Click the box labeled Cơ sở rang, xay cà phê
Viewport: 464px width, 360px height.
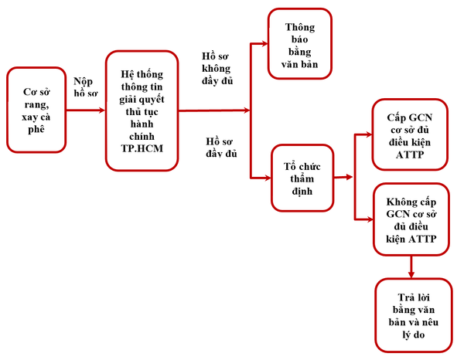click(36, 110)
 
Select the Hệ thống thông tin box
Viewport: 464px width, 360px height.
click(142, 110)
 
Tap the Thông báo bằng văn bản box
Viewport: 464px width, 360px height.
click(300, 44)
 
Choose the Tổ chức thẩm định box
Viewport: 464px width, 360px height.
click(302, 178)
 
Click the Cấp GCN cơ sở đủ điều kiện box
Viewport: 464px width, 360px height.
click(410, 134)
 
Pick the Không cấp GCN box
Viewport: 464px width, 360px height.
click(411, 219)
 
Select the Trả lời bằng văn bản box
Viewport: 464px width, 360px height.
click(414, 315)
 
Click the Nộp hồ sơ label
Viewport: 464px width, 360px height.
click(86, 87)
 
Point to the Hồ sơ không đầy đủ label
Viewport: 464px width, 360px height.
click(217, 69)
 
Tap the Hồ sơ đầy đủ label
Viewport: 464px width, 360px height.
click(221, 148)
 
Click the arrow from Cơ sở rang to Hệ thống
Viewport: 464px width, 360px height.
click(86, 110)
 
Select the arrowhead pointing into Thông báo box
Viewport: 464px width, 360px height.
click(264, 44)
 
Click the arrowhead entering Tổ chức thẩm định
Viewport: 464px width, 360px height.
click(268, 178)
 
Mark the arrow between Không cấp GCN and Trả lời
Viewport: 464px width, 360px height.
click(411, 267)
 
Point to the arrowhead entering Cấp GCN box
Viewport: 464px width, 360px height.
click(369, 134)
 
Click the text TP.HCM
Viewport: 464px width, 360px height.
click(142, 148)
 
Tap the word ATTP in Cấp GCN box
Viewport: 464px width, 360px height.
click(410, 155)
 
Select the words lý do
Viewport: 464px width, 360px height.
click(414, 335)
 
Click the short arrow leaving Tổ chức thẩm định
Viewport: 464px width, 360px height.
click(343, 178)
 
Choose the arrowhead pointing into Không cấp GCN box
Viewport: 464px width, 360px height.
click(370, 219)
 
